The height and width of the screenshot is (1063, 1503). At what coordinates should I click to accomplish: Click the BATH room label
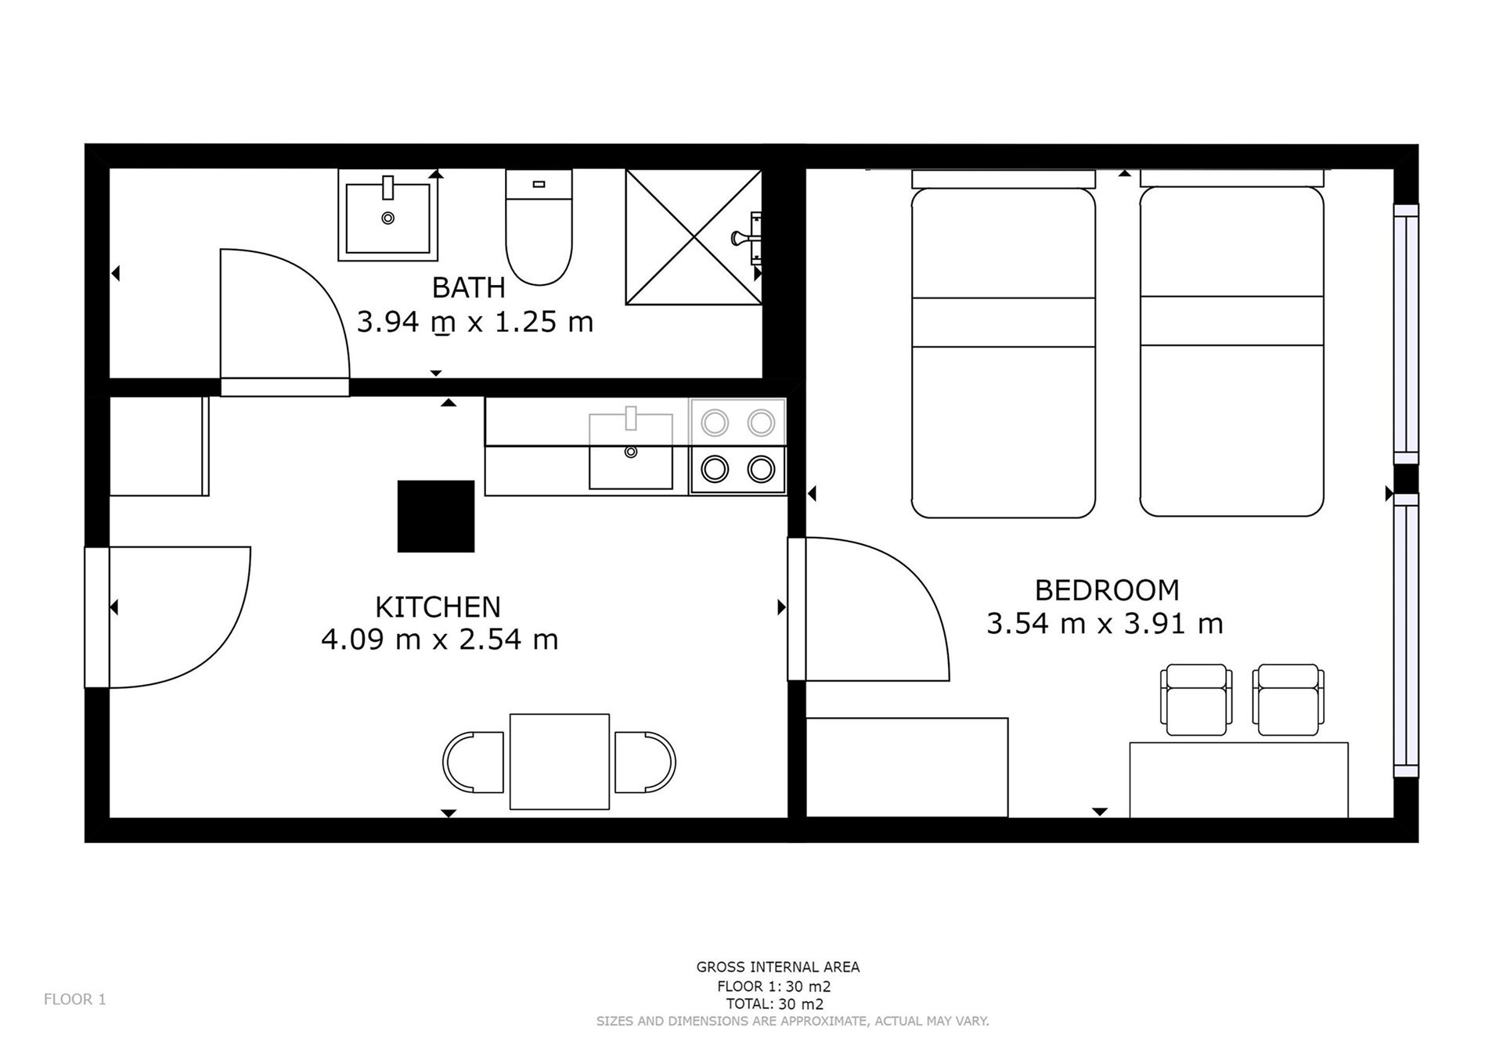point(468,288)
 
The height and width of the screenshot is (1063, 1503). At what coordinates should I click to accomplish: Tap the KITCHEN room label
point(438,607)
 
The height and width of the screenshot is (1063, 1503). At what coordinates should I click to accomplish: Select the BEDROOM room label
point(1107,590)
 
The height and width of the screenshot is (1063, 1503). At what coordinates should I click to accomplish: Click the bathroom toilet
point(539,227)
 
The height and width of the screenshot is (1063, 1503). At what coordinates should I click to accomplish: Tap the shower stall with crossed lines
point(694,236)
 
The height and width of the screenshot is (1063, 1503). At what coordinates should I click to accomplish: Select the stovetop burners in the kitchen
point(737,446)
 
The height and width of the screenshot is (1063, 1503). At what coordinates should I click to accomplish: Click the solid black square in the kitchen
point(436,517)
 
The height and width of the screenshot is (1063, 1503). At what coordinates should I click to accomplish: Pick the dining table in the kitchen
point(560,762)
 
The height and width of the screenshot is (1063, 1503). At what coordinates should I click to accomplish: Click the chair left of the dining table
point(473,762)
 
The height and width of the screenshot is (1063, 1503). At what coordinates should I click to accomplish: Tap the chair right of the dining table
point(645,762)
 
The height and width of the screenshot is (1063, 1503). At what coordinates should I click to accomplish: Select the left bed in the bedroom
point(1004,344)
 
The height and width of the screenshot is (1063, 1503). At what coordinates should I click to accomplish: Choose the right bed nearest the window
point(1232,344)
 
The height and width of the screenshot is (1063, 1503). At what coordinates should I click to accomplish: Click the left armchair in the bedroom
point(1196,700)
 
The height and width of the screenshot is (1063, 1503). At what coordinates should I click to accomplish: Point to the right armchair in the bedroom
point(1289,700)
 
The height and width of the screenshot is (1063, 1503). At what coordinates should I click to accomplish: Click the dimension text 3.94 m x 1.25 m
point(475,322)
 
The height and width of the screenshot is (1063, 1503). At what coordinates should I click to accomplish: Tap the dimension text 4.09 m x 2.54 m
point(440,640)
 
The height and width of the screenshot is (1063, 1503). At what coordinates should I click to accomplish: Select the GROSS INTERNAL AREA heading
point(778,968)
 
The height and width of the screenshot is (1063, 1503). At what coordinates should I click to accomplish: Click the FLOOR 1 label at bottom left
point(75,1000)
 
